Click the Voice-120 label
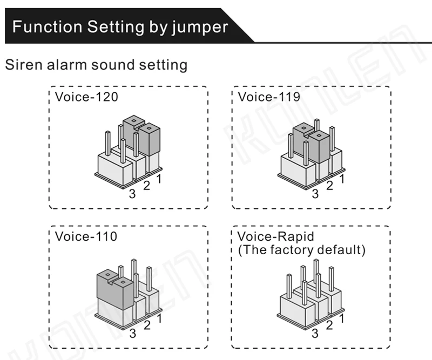tap(86, 97)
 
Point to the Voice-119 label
tap(269, 97)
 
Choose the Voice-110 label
tap(86, 236)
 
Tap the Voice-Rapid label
tap(275, 236)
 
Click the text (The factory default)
tap(301, 250)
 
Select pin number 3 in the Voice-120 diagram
tap(132, 194)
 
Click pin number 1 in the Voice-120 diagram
tap(159, 179)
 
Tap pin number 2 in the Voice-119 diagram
tap(329, 186)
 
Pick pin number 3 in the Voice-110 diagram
tap(132, 333)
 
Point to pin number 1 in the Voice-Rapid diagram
tap(342, 318)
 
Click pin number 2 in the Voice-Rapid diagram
tap(329, 325)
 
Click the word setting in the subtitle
tap(163, 65)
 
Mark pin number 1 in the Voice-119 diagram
tap(342, 179)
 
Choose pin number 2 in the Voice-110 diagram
tap(146, 325)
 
